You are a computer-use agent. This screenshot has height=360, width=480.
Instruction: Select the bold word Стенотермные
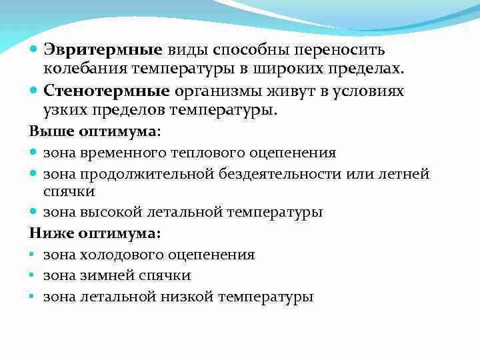pyautogui.click(x=108, y=91)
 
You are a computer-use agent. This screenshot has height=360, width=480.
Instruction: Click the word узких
pyautogui.click(x=66, y=110)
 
